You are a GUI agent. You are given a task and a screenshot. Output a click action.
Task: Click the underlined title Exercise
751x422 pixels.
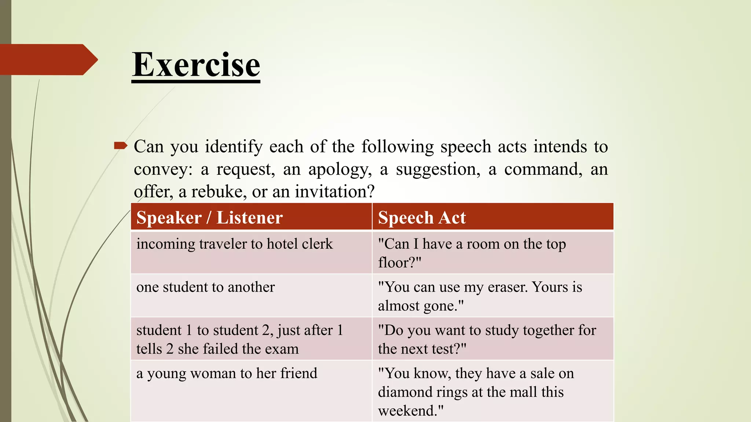click(x=196, y=65)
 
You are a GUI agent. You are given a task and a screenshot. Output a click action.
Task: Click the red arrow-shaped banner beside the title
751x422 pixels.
click(x=48, y=59)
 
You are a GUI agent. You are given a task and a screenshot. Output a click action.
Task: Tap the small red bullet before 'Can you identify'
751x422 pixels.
click(x=120, y=146)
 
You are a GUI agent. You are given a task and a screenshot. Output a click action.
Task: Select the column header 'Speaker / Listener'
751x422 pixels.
click(x=209, y=218)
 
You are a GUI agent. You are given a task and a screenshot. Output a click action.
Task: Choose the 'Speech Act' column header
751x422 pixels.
click(x=422, y=218)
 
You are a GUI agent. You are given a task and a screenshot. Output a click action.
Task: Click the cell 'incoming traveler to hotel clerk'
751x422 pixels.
click(x=235, y=244)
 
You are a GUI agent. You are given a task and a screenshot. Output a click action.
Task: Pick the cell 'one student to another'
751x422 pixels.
click(x=205, y=287)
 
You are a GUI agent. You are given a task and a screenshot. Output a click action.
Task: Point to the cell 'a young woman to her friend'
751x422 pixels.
click(x=227, y=374)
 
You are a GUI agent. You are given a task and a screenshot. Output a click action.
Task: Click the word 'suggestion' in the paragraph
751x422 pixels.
click(x=438, y=169)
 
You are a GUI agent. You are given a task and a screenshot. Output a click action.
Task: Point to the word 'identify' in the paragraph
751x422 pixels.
click(x=234, y=147)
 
